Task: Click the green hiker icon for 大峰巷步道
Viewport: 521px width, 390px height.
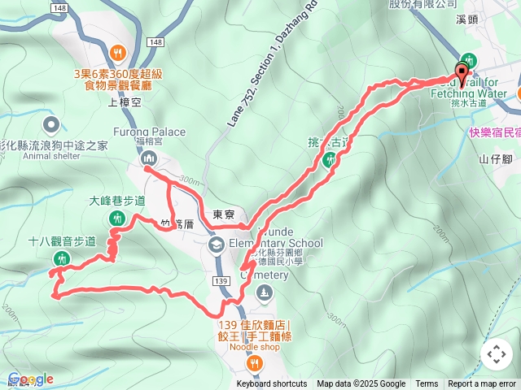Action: click(x=118, y=218)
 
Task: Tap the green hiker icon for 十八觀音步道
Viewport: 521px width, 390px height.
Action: click(x=61, y=259)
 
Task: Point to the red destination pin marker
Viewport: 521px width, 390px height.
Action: click(x=463, y=75)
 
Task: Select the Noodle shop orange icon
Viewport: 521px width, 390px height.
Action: click(x=256, y=362)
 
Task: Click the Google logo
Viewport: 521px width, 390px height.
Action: click(x=30, y=379)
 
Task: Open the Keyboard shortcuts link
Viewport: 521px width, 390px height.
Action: click(x=272, y=384)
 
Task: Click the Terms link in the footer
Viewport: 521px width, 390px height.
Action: click(x=427, y=384)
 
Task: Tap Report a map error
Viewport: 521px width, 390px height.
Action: click(x=483, y=384)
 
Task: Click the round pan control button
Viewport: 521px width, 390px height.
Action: click(x=497, y=354)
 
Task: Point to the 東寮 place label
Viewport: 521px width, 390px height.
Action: click(x=223, y=215)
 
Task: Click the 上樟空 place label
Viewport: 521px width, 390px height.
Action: click(x=125, y=102)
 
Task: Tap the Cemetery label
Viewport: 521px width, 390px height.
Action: click(x=264, y=275)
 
